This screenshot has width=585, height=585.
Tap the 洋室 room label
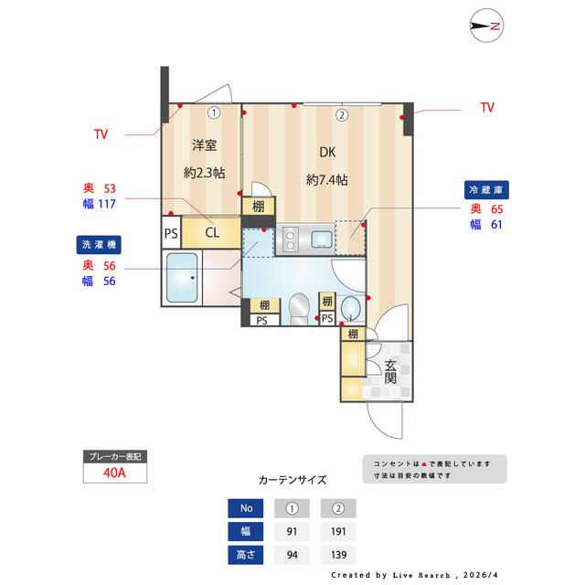coord(204,145)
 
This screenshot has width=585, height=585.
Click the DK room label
coord(326,153)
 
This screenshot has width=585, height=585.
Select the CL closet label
coord(211,231)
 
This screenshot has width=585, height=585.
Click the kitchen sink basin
coord(322,239)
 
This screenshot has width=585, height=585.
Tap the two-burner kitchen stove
coord(290,239)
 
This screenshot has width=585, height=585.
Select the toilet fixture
coord(298,307)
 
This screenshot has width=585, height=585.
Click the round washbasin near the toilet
coord(351,307)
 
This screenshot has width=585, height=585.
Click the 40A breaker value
coord(115,473)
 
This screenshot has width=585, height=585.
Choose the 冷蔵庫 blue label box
coord(487,189)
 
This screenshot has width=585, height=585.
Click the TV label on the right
coord(487,108)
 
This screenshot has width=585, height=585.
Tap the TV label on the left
coord(101,134)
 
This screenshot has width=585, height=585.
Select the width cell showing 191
coord(339,531)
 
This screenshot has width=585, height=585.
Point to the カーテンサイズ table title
coord(292,479)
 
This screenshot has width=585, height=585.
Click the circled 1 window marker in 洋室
coord(213,114)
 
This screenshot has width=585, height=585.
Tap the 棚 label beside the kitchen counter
coord(259,206)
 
